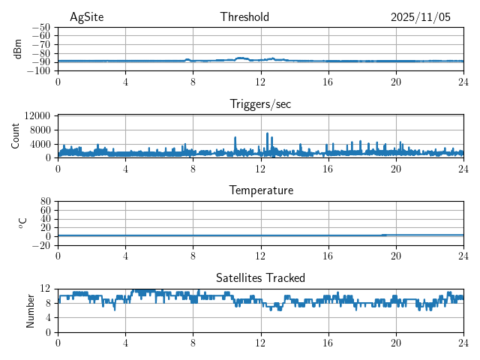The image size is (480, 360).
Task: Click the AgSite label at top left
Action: (x=85, y=17)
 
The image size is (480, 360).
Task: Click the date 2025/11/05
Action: (x=421, y=17)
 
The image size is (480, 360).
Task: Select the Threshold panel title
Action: (x=244, y=17)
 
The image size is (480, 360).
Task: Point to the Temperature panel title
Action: (x=260, y=190)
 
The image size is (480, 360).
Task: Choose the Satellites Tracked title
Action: (x=260, y=277)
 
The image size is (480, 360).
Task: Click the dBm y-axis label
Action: (x=19, y=49)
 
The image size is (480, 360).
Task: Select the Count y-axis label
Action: (x=16, y=136)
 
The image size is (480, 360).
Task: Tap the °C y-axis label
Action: (x=23, y=223)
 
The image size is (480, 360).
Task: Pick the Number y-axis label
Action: (x=31, y=310)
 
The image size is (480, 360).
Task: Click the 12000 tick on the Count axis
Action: (x=37, y=115)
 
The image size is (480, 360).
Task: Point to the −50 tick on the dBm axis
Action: (x=41, y=28)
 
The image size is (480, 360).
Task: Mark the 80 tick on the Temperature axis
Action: (x=44, y=202)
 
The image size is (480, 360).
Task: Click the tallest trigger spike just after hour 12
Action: (x=267, y=134)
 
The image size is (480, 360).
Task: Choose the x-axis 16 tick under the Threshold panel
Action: (x=328, y=82)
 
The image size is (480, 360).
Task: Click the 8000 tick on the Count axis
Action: (x=40, y=130)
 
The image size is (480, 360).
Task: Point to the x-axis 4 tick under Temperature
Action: (x=125, y=256)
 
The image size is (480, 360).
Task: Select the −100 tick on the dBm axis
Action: (x=39, y=71)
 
